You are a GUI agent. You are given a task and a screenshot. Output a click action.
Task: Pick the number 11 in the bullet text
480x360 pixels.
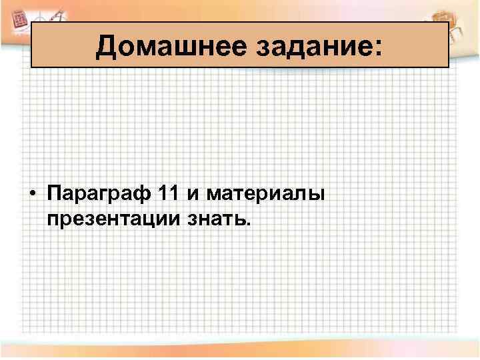170,194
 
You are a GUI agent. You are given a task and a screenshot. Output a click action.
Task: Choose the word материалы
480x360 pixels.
265,195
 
